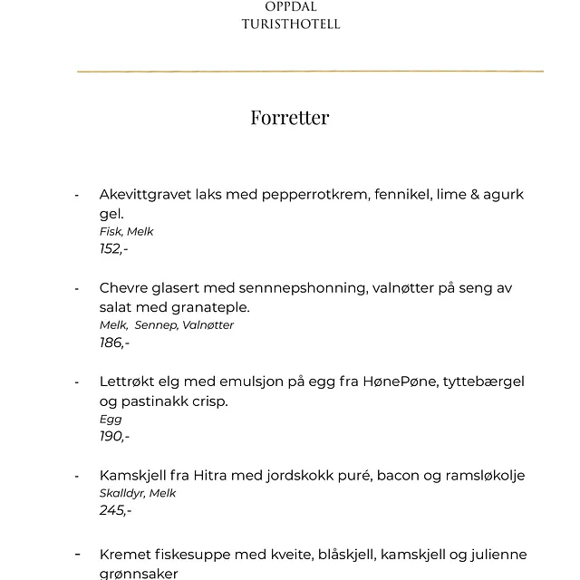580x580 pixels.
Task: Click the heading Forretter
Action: pyautogui.click(x=290, y=118)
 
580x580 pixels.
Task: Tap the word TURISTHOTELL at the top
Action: pyautogui.click(x=291, y=24)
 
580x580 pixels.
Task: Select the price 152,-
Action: pyautogui.click(x=113, y=248)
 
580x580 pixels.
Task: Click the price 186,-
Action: pyautogui.click(x=114, y=343)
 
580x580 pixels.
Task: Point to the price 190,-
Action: pyautogui.click(x=114, y=437)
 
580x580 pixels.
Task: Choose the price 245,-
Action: pyautogui.click(x=115, y=510)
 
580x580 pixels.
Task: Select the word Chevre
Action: pyautogui.click(x=125, y=288)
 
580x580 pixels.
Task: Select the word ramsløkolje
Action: pyautogui.click(x=479, y=476)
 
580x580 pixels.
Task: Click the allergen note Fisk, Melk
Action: pyautogui.click(x=126, y=231)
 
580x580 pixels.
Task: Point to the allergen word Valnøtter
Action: pyautogui.click(x=207, y=325)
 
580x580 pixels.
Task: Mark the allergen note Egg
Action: pyautogui.click(x=110, y=420)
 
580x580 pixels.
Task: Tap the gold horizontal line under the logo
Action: pyautogui.click(x=310, y=71)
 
